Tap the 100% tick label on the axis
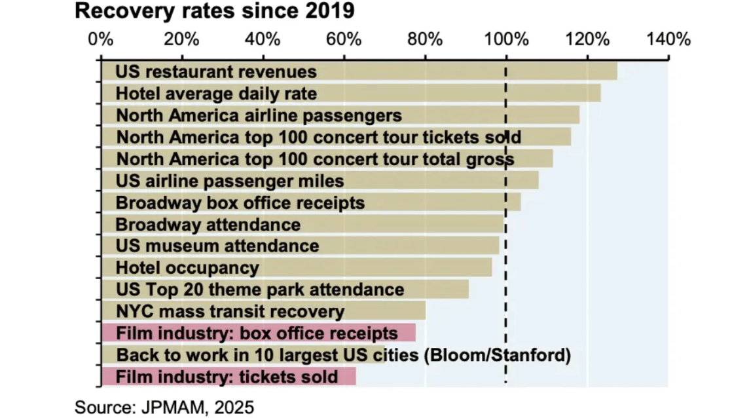[506, 39]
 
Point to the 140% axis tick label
[668, 39]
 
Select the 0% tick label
[101, 39]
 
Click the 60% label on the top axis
[344, 39]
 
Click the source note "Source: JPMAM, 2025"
[164, 406]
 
